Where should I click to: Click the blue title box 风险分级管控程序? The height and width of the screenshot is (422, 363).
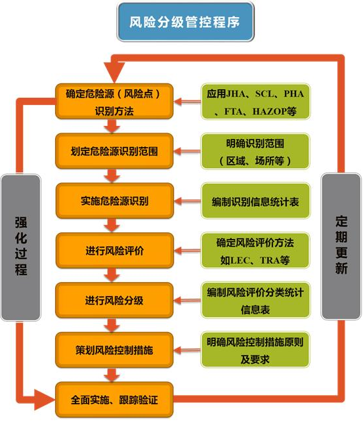click(185, 22)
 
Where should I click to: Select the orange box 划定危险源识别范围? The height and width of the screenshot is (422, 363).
click(114, 151)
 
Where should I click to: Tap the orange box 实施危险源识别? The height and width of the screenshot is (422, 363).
click(114, 201)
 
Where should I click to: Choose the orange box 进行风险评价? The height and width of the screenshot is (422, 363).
click(114, 251)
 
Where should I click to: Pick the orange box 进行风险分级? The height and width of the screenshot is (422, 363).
click(114, 301)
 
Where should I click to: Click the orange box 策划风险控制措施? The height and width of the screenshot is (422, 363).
click(114, 350)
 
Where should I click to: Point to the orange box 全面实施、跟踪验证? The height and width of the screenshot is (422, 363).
click(114, 400)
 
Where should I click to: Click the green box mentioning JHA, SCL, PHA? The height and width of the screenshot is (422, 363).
click(255, 102)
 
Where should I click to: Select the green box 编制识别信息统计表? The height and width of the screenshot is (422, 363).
click(255, 201)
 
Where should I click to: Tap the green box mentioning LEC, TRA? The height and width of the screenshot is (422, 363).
click(255, 251)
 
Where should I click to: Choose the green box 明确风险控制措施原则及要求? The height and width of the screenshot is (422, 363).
click(255, 350)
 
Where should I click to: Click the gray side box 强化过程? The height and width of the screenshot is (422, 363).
click(21, 247)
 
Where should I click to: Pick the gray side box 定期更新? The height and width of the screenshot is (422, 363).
click(341, 247)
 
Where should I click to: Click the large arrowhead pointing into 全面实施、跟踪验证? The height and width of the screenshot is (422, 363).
click(45, 400)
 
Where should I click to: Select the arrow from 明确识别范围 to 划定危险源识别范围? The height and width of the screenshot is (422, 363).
click(187, 151)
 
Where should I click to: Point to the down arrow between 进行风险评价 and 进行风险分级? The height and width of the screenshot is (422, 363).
click(112, 275)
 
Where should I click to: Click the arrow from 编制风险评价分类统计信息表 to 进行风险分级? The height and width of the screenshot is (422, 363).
click(187, 301)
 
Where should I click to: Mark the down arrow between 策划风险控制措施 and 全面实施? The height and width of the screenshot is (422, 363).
click(112, 375)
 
